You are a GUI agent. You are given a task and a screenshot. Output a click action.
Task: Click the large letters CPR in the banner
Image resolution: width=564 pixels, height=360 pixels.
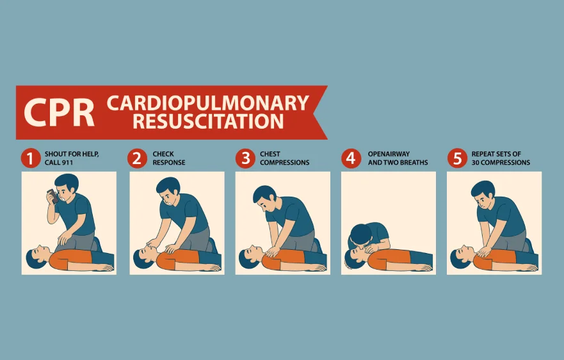tap(59, 111)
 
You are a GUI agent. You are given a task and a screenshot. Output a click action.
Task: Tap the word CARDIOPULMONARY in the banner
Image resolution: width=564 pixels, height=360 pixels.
tap(207, 102)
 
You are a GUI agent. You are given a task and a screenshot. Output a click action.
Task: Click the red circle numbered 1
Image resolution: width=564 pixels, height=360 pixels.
tap(30, 158)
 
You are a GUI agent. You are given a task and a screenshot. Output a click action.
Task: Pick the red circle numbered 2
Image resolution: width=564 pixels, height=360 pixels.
tap(137, 158)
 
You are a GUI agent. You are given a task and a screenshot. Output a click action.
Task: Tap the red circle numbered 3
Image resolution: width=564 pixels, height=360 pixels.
tap(245, 158)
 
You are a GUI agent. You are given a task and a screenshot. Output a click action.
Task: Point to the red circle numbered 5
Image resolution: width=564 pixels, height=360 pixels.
tap(456, 158)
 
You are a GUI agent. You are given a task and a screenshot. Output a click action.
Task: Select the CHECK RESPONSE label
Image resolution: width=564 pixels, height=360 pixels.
tap(169, 158)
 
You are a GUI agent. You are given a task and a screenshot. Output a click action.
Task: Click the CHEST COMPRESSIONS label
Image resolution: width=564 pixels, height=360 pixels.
tap(284, 158)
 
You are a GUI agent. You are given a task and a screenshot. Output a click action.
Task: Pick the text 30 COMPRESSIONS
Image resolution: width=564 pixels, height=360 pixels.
tap(501, 163)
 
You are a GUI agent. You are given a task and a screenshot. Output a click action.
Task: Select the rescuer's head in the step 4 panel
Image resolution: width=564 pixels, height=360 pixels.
tap(360, 234)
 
